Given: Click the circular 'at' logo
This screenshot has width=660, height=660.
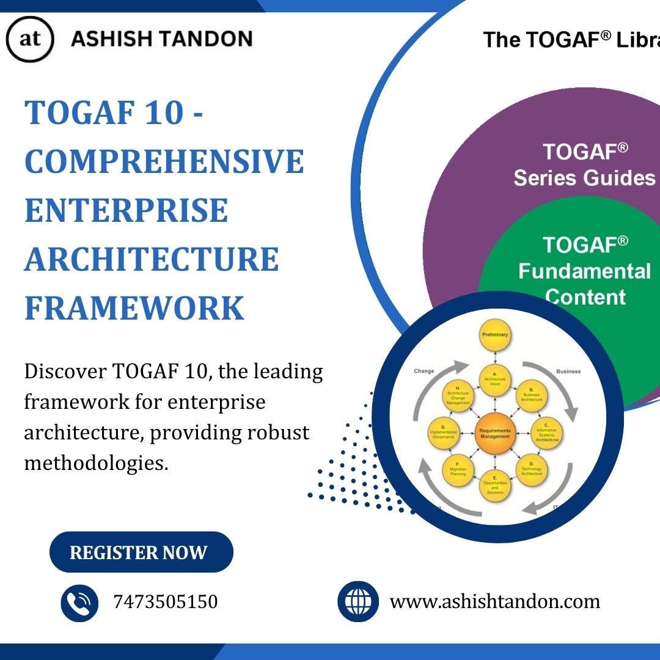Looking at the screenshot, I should point(29,40).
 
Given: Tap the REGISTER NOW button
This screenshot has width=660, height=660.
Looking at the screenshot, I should point(141,552).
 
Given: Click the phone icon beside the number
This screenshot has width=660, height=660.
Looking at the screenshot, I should point(79,603).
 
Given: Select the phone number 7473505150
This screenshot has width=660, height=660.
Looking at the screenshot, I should point(165,602).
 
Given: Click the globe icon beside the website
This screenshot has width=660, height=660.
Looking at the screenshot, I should point(358,602).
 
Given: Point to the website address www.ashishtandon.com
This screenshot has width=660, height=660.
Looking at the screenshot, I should point(494,602).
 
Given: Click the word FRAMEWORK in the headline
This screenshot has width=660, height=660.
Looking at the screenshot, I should point(134,308).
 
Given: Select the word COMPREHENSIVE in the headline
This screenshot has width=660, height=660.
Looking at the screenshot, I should point(164,161).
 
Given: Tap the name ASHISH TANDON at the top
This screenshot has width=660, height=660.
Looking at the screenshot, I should point(161,40).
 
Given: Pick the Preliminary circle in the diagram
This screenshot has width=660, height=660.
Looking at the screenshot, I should point(495,335).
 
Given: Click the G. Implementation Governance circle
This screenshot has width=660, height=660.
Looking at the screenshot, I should point(447,432).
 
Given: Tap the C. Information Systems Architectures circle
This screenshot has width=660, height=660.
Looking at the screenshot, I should point(545,432).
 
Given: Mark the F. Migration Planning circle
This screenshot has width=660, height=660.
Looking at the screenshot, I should point(459,469).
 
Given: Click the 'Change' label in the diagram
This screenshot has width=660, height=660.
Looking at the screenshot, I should point(424,371).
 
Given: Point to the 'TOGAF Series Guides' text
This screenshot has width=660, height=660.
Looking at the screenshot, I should point(584,164).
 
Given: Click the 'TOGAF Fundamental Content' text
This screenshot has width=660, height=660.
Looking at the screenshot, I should point(584,271).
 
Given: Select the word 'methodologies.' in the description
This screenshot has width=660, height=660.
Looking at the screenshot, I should point(96,463).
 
